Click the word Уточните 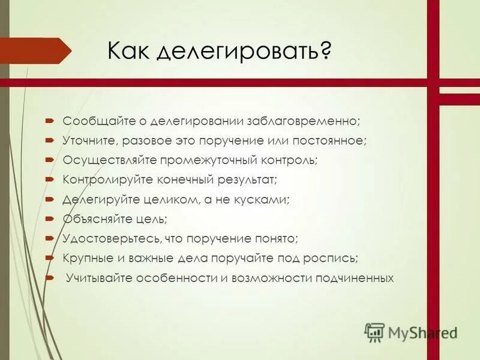[88, 140]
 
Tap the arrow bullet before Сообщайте [49, 120]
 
